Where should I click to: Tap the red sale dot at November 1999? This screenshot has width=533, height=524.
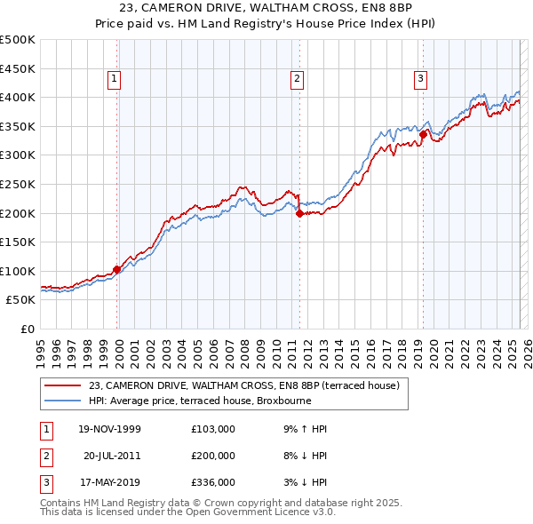(x=117, y=269)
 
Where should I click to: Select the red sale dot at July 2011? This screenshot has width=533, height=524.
(x=300, y=213)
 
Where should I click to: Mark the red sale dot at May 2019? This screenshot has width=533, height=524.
(x=423, y=134)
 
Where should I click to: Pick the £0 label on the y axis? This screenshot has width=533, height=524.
(x=27, y=329)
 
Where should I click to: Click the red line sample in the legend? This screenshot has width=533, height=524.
(x=62, y=385)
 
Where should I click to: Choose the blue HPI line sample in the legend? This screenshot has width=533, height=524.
(x=62, y=400)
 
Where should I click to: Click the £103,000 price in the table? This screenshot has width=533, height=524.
(x=213, y=429)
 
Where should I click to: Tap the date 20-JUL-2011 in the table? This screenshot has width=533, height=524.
(x=112, y=456)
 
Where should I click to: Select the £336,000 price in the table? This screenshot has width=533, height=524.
(x=213, y=482)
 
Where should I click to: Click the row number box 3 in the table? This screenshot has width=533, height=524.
(x=44, y=482)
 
